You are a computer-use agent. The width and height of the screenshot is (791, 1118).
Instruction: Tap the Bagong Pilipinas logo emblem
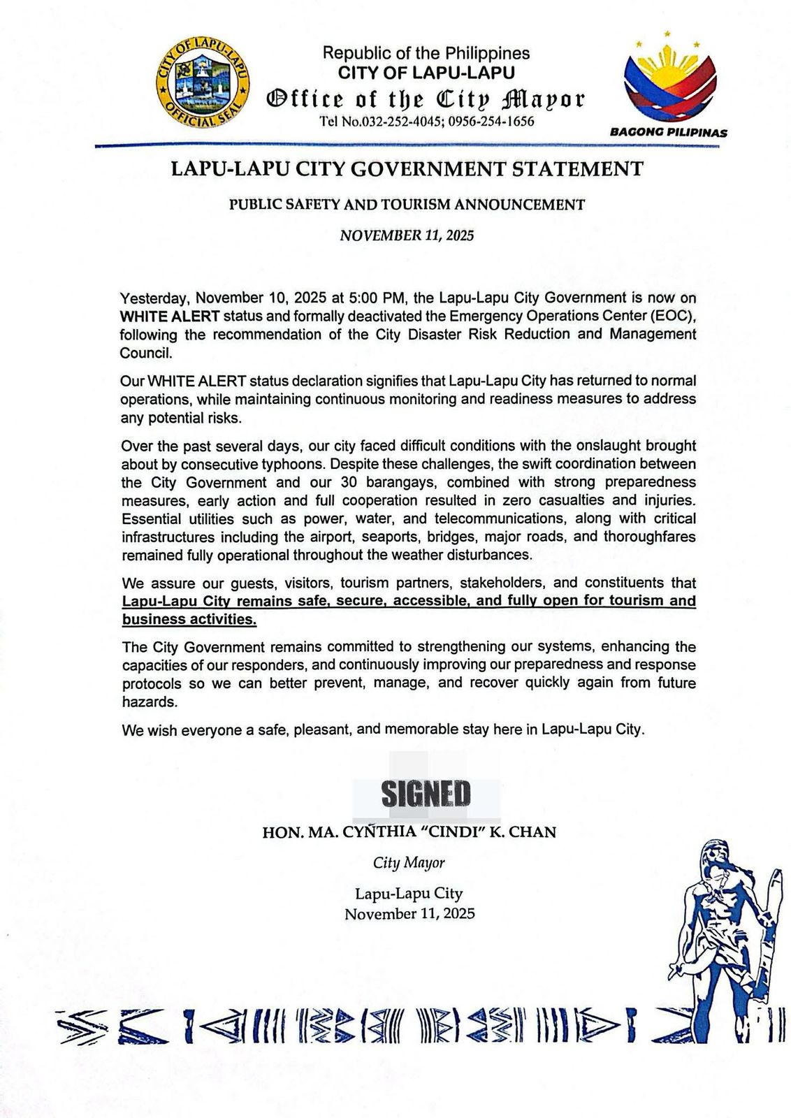pos(669,81)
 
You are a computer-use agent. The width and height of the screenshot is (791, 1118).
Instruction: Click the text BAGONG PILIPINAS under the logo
pos(669,132)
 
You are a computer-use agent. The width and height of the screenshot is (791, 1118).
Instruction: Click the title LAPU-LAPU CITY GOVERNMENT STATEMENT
pos(407,169)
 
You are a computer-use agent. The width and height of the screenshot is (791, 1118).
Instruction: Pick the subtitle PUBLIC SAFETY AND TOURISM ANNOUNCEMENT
pos(407,205)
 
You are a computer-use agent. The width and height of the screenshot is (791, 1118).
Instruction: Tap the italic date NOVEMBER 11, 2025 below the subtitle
pos(407,235)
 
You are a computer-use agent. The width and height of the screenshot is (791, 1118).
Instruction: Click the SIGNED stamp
pos(426,793)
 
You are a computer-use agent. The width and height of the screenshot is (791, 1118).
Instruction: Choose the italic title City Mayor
pos(409,863)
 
